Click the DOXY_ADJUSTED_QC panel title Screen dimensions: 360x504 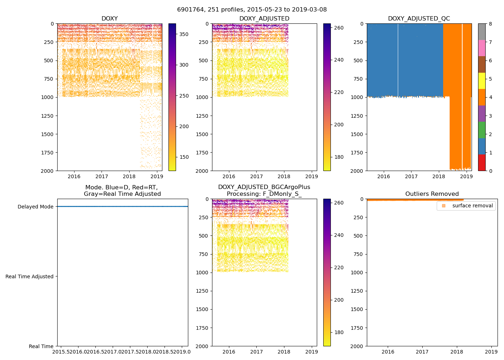pyautogui.click(x=419, y=18)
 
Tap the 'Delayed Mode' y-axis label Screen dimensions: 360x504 pyautogui.click(x=35, y=207)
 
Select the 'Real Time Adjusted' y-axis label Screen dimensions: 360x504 pyautogui.click(x=30, y=276)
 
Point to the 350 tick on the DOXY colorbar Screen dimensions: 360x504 pyautogui.click(x=184, y=34)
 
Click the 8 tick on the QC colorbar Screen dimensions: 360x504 pyautogui.click(x=490, y=24)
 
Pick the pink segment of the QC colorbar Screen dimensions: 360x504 pyautogui.click(x=482, y=48)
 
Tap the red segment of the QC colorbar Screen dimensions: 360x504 pyautogui.click(x=482, y=162)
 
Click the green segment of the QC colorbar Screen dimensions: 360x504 pyautogui.click(x=482, y=130)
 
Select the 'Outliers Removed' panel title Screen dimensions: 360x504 pyautogui.click(x=432, y=194)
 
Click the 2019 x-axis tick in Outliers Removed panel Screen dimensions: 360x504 pyautogui.click(x=491, y=352)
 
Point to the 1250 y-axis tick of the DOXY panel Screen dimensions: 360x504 pyautogui.click(x=47, y=116)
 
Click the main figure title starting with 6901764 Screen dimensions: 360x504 pyautogui.click(x=252, y=10)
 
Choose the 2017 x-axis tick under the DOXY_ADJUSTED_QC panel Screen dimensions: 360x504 pyautogui.click(x=411, y=176)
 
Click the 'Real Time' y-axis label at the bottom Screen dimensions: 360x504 pyautogui.click(x=41, y=346)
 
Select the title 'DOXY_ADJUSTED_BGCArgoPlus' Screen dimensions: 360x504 pyautogui.click(x=264, y=187)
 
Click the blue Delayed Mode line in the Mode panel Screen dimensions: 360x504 pyautogui.click(x=122, y=206)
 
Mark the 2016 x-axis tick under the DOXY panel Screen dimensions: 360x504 pyautogui.click(x=74, y=176)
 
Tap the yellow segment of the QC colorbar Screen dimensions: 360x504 pyautogui.click(x=482, y=81)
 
